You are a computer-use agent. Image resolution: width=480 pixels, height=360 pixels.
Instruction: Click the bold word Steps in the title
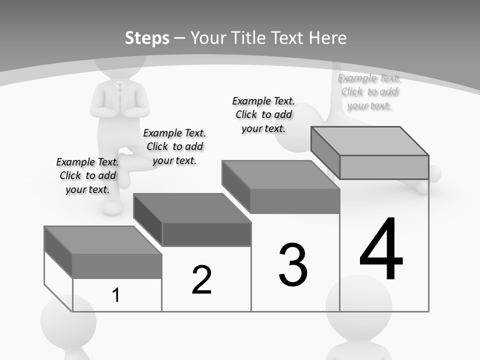coord(147,38)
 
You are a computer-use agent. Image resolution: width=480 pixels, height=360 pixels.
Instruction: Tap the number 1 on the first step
coord(116,295)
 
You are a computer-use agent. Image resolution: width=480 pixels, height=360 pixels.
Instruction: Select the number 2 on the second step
coord(201,280)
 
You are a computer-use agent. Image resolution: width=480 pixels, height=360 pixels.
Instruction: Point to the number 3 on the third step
coord(293,265)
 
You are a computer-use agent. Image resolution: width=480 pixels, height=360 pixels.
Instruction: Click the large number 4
coord(381,250)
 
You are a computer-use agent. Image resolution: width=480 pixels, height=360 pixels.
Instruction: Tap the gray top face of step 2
coord(192,208)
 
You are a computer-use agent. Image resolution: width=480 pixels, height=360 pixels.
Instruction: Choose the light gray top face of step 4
coord(370,141)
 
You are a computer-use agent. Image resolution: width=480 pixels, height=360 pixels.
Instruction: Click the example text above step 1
coord(87,175)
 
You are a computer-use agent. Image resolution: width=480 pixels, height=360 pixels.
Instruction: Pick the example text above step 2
coord(174,146)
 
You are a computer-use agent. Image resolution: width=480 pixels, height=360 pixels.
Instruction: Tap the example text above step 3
coord(263,114)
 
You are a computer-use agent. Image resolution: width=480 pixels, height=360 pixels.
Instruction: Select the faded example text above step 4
coord(369,91)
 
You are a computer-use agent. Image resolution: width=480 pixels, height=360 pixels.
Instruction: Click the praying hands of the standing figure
coord(119,89)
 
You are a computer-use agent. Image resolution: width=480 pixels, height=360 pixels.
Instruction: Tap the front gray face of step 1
coord(117,266)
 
